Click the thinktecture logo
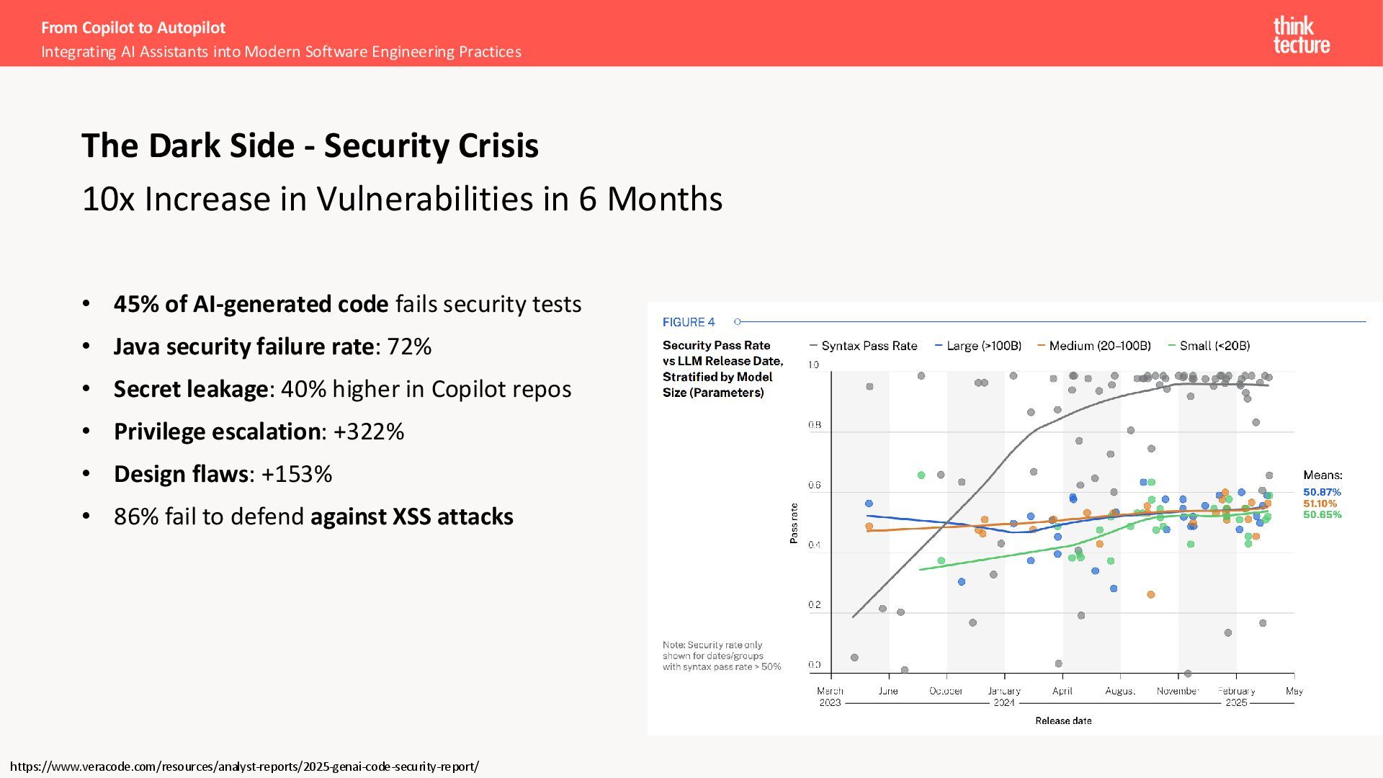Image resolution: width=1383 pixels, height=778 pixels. tap(1301, 35)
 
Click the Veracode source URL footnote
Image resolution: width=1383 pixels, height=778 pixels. tap(244, 766)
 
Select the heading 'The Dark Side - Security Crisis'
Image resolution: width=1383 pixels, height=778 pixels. tap(310, 146)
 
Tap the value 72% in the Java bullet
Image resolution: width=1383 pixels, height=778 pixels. tap(409, 346)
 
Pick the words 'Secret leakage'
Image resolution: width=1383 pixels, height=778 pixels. tap(191, 389)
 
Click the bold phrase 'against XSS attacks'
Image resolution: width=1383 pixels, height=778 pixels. tap(411, 517)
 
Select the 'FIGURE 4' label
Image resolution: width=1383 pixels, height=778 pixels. tap(689, 322)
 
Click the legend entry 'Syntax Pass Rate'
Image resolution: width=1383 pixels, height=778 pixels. tap(869, 346)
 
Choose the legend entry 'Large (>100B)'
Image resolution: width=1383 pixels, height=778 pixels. tap(983, 346)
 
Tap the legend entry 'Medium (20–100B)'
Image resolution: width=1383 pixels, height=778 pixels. tap(1099, 346)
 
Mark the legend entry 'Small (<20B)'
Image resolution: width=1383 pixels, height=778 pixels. tap(1214, 346)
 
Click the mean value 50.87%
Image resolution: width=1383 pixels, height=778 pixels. tap(1322, 492)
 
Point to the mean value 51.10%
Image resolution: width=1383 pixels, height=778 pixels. tap(1320, 504)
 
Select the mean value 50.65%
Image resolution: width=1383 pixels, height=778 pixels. tap(1322, 514)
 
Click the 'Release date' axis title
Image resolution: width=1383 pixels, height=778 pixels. tap(1063, 720)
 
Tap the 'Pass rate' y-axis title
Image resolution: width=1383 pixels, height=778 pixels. tap(794, 523)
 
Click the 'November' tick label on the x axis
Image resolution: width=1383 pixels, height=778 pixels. tap(1178, 691)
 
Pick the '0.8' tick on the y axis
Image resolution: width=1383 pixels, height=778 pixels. tap(814, 425)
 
